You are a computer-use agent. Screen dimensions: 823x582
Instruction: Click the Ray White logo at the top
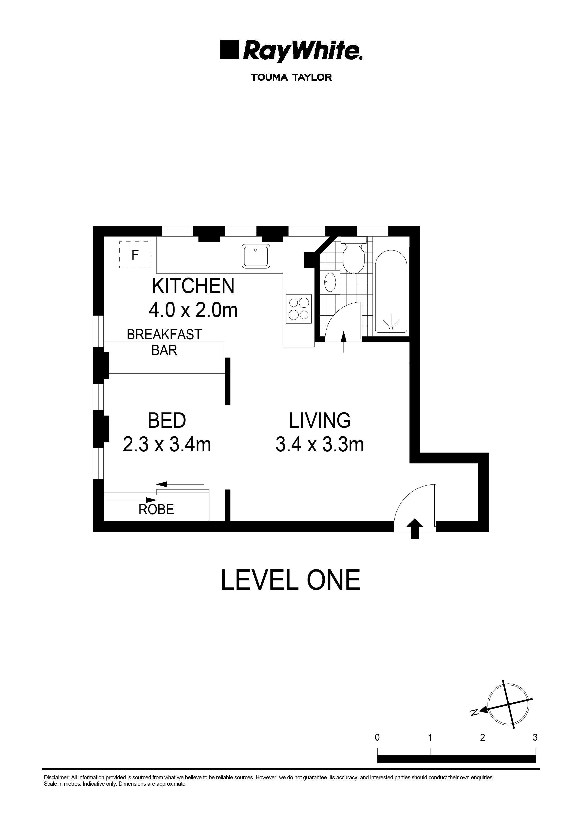[x=291, y=50]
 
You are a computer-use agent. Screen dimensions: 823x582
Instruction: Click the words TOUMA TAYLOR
[x=291, y=77]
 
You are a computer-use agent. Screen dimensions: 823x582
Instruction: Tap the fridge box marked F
[x=135, y=255]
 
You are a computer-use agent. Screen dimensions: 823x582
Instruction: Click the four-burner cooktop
[x=299, y=309]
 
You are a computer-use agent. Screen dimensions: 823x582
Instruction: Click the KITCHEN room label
[x=193, y=286]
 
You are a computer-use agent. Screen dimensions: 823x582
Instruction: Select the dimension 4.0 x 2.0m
[x=193, y=310]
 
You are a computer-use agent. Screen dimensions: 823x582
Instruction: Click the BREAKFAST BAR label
[x=164, y=342]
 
